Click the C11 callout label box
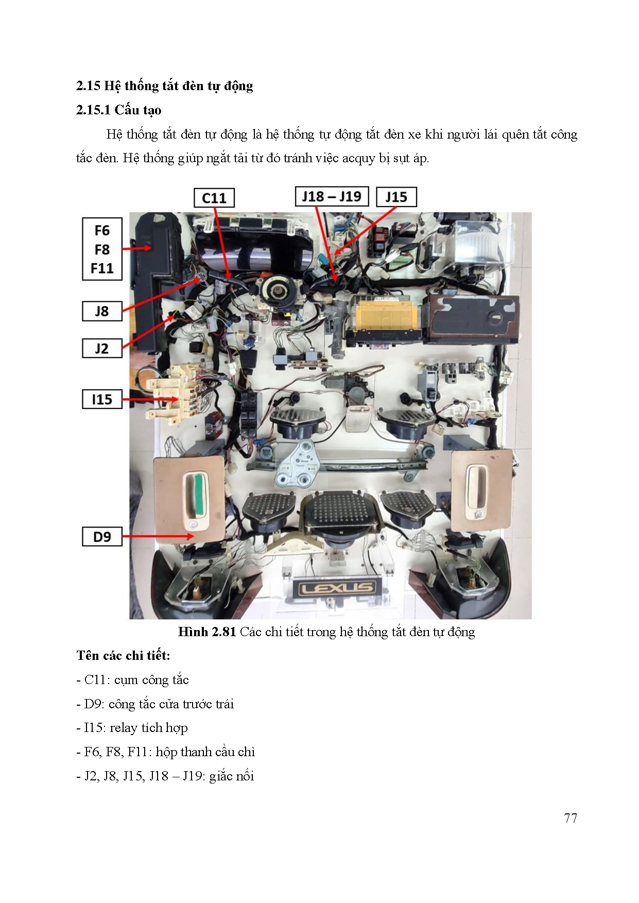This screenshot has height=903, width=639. click(214, 198)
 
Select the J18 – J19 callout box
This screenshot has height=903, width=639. click(332, 196)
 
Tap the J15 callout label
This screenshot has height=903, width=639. click(396, 197)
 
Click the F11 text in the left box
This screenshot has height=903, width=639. click(102, 268)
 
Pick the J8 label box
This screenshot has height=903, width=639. click(102, 311)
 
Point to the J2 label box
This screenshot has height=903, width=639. click(102, 348)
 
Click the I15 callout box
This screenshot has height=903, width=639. click(102, 399)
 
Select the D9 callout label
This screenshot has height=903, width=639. click(102, 537)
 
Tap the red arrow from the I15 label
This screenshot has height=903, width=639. click(149, 399)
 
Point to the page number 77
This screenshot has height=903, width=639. click(570, 818)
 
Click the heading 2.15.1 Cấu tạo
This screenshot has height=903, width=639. click(119, 110)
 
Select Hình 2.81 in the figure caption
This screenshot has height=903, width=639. click(206, 632)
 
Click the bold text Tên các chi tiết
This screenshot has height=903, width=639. click(123, 656)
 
